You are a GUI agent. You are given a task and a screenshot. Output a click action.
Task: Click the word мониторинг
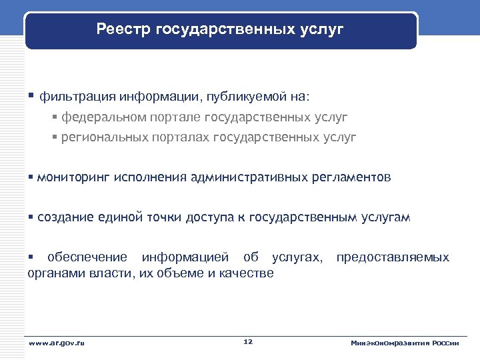[73, 178]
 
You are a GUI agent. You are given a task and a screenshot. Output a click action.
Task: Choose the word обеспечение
[85, 257]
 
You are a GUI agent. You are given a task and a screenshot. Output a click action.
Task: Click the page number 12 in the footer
[248, 342]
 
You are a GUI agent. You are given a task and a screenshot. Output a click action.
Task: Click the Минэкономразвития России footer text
[405, 343]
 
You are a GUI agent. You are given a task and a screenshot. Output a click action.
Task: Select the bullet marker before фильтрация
[32, 95]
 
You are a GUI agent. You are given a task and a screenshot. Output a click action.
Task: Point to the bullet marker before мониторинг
[31, 178]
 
